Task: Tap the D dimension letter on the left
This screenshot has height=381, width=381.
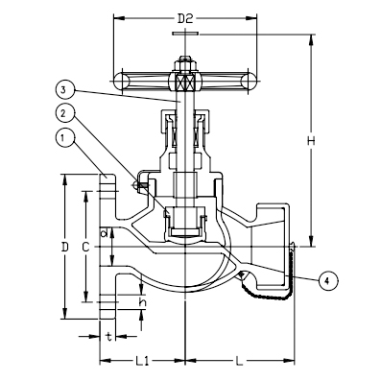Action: coord(65,247)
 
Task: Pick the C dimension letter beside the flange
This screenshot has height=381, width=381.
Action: coord(86,247)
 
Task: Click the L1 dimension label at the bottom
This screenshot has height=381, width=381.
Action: coord(141,360)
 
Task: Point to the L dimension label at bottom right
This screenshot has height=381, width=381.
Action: coord(237,360)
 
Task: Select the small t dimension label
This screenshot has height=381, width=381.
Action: coord(108,337)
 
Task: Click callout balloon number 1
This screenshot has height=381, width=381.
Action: coord(62,139)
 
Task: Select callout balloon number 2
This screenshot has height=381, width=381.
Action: coord(62,113)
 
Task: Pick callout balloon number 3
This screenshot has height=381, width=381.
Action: coord(62,89)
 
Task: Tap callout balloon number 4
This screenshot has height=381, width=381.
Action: coord(326,280)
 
